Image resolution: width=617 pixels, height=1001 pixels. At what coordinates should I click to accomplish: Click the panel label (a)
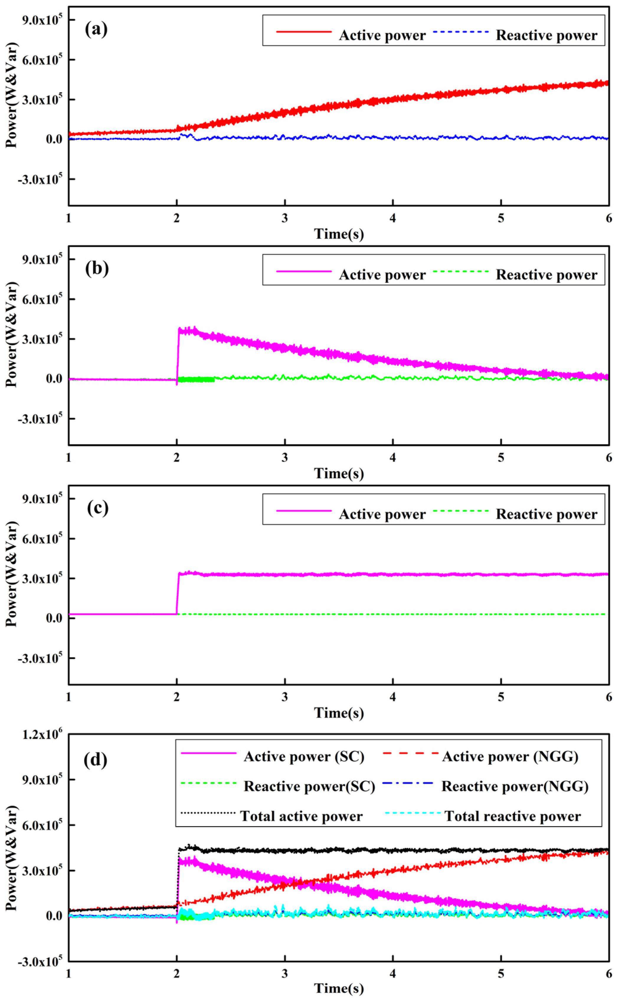point(96,29)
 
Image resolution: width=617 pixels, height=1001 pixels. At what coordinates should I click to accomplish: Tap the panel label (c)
point(98,508)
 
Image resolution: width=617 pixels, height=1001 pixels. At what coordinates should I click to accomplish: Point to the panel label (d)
point(96,759)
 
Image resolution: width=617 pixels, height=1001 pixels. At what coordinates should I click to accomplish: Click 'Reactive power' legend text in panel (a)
point(546,35)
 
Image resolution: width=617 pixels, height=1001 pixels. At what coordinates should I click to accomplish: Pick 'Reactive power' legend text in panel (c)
point(546,514)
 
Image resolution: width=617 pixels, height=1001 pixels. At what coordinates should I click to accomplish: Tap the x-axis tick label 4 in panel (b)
point(392,458)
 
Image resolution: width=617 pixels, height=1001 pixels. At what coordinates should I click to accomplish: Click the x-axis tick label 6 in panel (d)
point(608,973)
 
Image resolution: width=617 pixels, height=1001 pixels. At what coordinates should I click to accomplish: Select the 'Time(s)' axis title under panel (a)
point(339,234)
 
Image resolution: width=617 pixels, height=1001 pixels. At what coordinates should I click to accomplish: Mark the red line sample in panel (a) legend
point(304,31)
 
